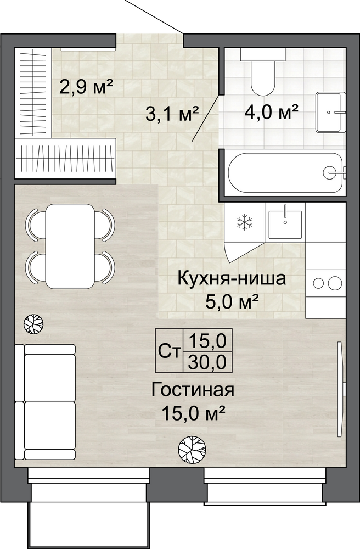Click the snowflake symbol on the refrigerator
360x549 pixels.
245,222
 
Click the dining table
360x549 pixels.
70,246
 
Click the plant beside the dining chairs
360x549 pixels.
33,323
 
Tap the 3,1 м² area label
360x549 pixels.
172,114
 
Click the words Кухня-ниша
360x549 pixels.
232,279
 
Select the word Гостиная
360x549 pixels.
193,390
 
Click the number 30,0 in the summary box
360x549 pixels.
207,362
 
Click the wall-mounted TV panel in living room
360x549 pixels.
339,389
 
